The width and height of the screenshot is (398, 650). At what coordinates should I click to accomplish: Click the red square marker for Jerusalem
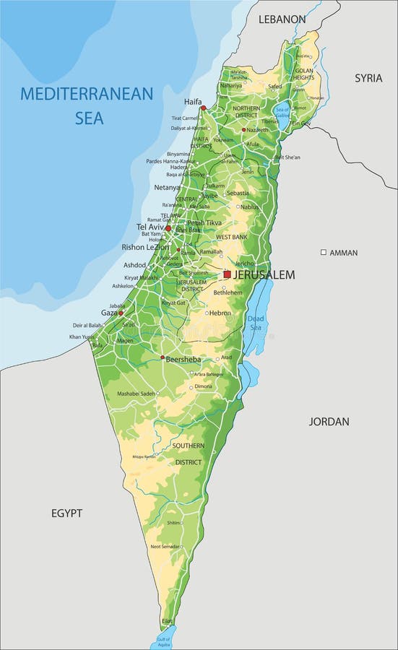point(227,274)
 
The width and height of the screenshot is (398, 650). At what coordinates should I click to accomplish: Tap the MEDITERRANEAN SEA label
point(87,105)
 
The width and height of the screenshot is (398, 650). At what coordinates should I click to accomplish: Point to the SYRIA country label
point(368,78)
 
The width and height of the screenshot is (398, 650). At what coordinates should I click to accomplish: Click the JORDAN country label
point(329,421)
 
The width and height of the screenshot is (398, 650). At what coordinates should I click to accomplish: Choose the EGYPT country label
point(66,513)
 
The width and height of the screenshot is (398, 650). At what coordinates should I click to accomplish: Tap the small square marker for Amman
point(324,252)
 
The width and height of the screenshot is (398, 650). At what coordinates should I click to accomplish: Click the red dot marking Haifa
point(203,108)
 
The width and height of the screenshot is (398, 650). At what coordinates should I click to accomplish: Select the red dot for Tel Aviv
point(168,228)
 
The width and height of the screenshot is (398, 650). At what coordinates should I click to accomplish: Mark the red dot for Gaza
point(121,313)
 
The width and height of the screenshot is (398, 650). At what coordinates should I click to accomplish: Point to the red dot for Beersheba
point(163,357)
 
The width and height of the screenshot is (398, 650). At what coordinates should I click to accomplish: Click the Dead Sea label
point(256,323)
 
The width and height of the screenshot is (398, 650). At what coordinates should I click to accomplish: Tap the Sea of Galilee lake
point(282,112)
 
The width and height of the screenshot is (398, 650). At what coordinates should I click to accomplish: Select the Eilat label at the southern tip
point(168,621)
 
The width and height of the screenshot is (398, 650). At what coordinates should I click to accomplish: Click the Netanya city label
point(167,188)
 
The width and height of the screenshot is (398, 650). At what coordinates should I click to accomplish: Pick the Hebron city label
point(220,313)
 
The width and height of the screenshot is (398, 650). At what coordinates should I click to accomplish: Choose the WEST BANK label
point(231,237)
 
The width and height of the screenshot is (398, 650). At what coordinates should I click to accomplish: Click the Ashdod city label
point(134,265)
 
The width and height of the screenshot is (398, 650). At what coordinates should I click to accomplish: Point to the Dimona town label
point(204,386)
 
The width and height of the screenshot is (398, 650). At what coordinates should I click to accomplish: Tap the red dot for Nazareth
point(244,130)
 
